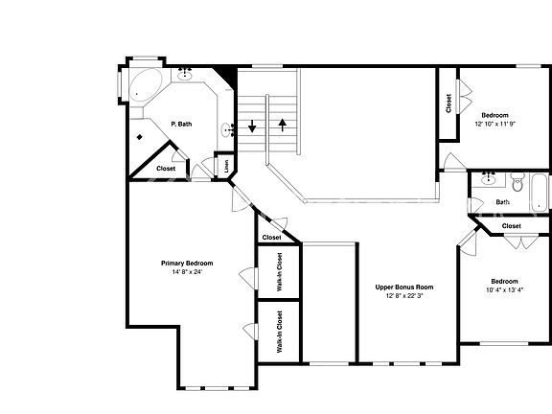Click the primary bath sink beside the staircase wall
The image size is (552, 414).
(226, 129)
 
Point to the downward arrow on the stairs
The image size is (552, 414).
(253, 126)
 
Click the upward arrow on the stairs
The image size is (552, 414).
(283, 124)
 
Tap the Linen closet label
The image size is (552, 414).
(226, 165)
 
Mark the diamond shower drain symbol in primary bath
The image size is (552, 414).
(139, 137)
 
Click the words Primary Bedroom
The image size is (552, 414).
(186, 264)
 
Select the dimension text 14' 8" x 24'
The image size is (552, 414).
(186, 272)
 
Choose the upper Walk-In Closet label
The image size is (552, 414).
(279, 271)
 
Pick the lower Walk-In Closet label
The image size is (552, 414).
(279, 333)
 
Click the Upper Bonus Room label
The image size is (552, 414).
(404, 287)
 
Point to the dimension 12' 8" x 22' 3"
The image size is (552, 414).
(404, 295)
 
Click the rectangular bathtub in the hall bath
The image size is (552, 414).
(540, 192)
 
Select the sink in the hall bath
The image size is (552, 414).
(490, 178)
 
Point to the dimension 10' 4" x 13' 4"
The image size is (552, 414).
(506, 289)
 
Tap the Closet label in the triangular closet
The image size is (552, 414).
(166, 169)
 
